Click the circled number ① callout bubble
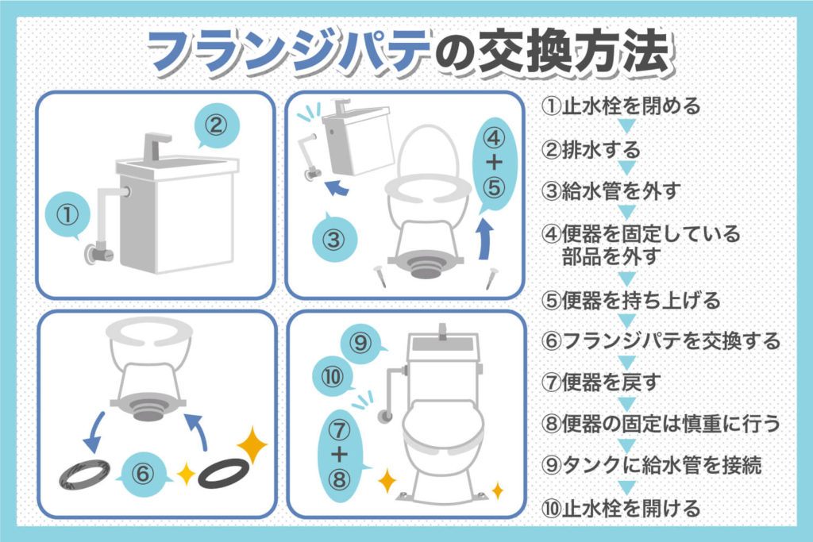[69, 213]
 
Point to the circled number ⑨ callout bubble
[360, 343]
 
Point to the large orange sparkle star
[252, 447]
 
